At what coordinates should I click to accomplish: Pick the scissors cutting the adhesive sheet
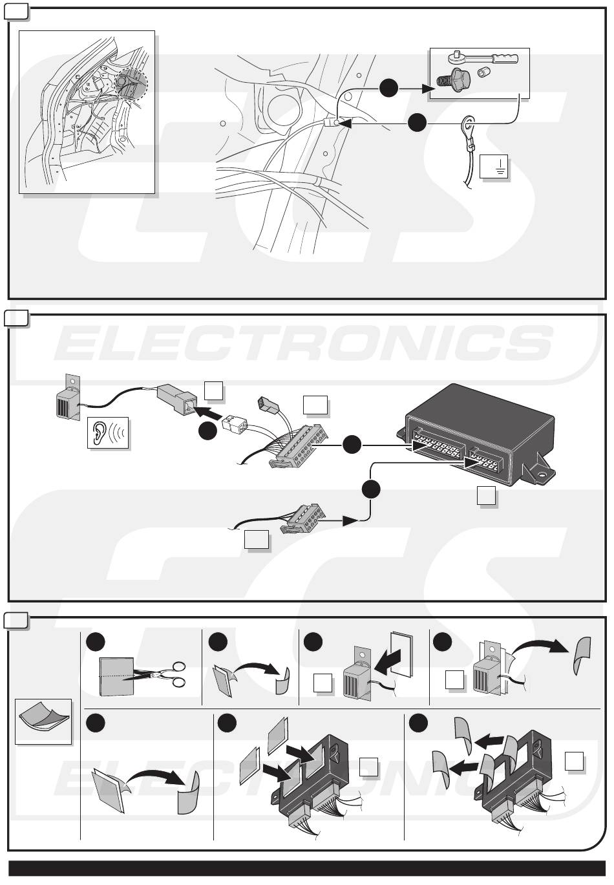coord(165,675)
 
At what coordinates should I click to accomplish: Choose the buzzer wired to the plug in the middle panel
coord(70,401)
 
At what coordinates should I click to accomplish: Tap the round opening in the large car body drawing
coord(281,103)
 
